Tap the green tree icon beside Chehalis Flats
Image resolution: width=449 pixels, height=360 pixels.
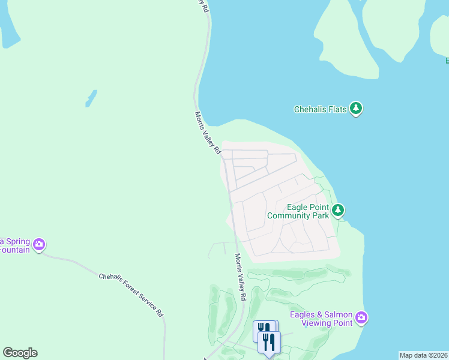pos(357,109)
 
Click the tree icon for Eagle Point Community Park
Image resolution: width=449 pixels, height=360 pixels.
pos(339,210)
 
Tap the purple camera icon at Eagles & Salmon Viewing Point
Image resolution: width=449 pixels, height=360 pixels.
pos(361,317)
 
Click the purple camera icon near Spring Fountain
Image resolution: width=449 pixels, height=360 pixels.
pos(39,244)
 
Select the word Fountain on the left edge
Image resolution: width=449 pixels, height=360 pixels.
pos(14,250)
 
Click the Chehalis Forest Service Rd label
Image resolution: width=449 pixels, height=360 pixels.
pos(131,294)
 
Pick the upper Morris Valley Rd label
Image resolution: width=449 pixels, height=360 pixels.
pos(208,133)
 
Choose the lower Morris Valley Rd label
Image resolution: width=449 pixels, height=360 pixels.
pos(240,277)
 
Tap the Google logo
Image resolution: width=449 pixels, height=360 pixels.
pos(20,353)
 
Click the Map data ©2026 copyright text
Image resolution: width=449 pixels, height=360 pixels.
pos(423,355)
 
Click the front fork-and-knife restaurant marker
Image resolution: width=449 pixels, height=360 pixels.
pos(269,343)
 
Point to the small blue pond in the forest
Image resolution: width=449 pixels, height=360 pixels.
pos(91,98)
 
